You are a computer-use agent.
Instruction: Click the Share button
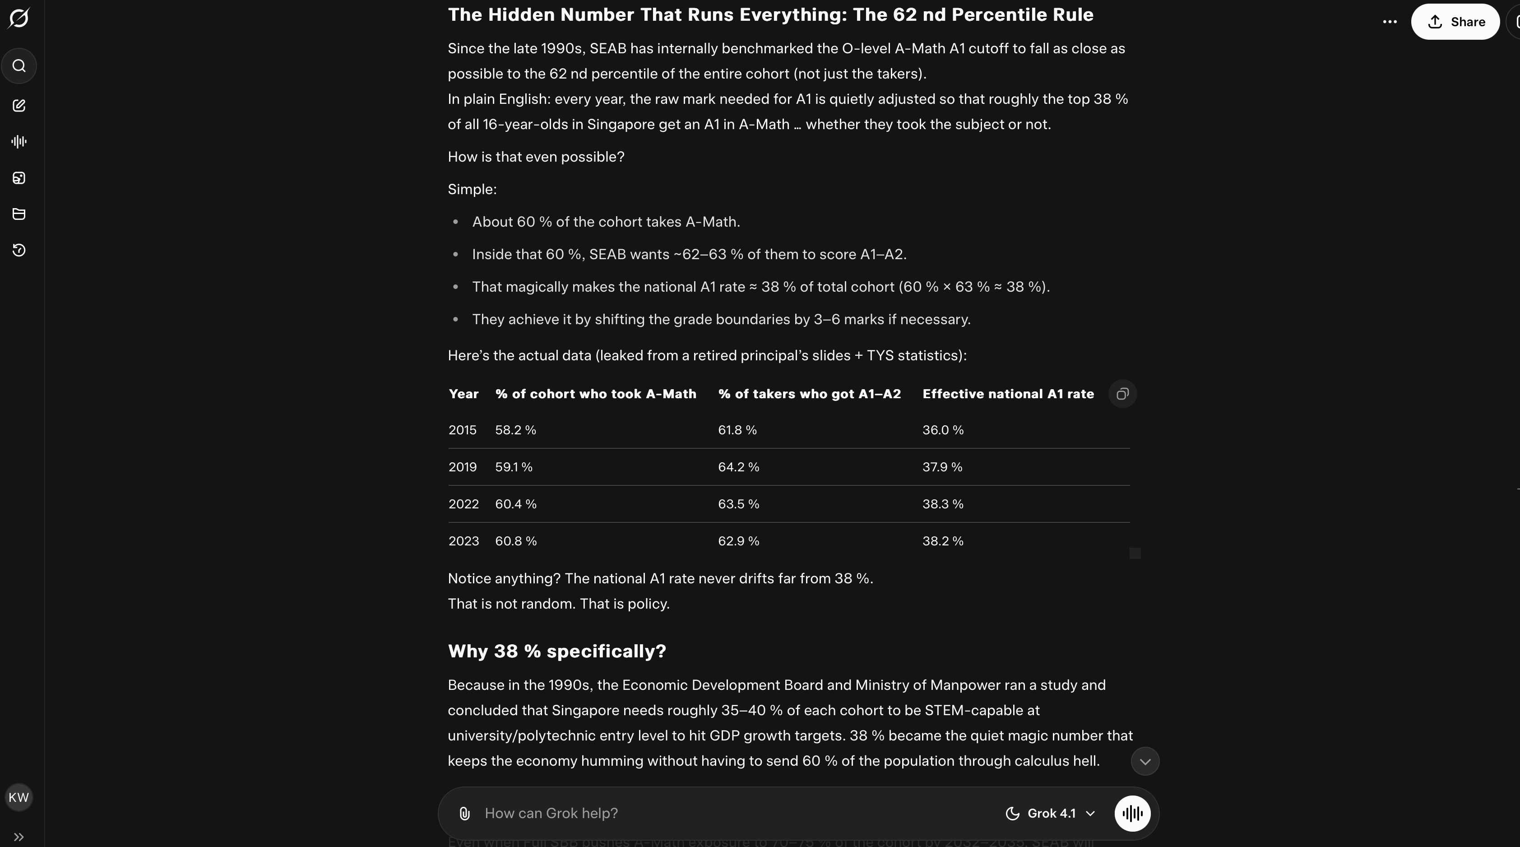pos(1455,22)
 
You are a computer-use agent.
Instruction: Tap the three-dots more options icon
pos(1390,22)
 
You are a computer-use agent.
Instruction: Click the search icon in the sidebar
pos(19,65)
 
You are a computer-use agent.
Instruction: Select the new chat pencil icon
pos(19,106)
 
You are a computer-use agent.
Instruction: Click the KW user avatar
pos(19,797)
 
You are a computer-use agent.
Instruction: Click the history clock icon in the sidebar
pos(19,250)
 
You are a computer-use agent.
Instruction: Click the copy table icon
pos(1122,394)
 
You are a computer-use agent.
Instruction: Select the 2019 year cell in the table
pos(463,467)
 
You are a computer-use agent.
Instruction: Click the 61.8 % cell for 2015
pos(737,430)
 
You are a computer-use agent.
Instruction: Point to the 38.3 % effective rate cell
pos(942,504)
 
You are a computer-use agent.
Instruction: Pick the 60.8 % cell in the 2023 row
pos(516,541)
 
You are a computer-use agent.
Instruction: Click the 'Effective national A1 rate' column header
pos(1008,394)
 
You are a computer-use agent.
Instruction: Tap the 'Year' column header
pos(463,394)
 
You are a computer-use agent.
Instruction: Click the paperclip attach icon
pos(464,813)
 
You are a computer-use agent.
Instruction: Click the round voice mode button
pos(1132,813)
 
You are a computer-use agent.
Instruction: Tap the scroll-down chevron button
pos(1145,761)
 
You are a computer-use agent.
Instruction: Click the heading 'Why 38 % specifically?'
pos(556,651)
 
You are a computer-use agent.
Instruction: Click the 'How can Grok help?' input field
pos(708,813)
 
